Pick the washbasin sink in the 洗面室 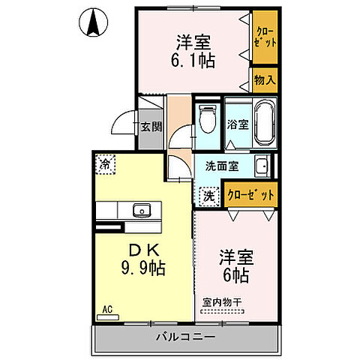point(261,166)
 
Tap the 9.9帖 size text point(142,268)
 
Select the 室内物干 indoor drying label point(222,303)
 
